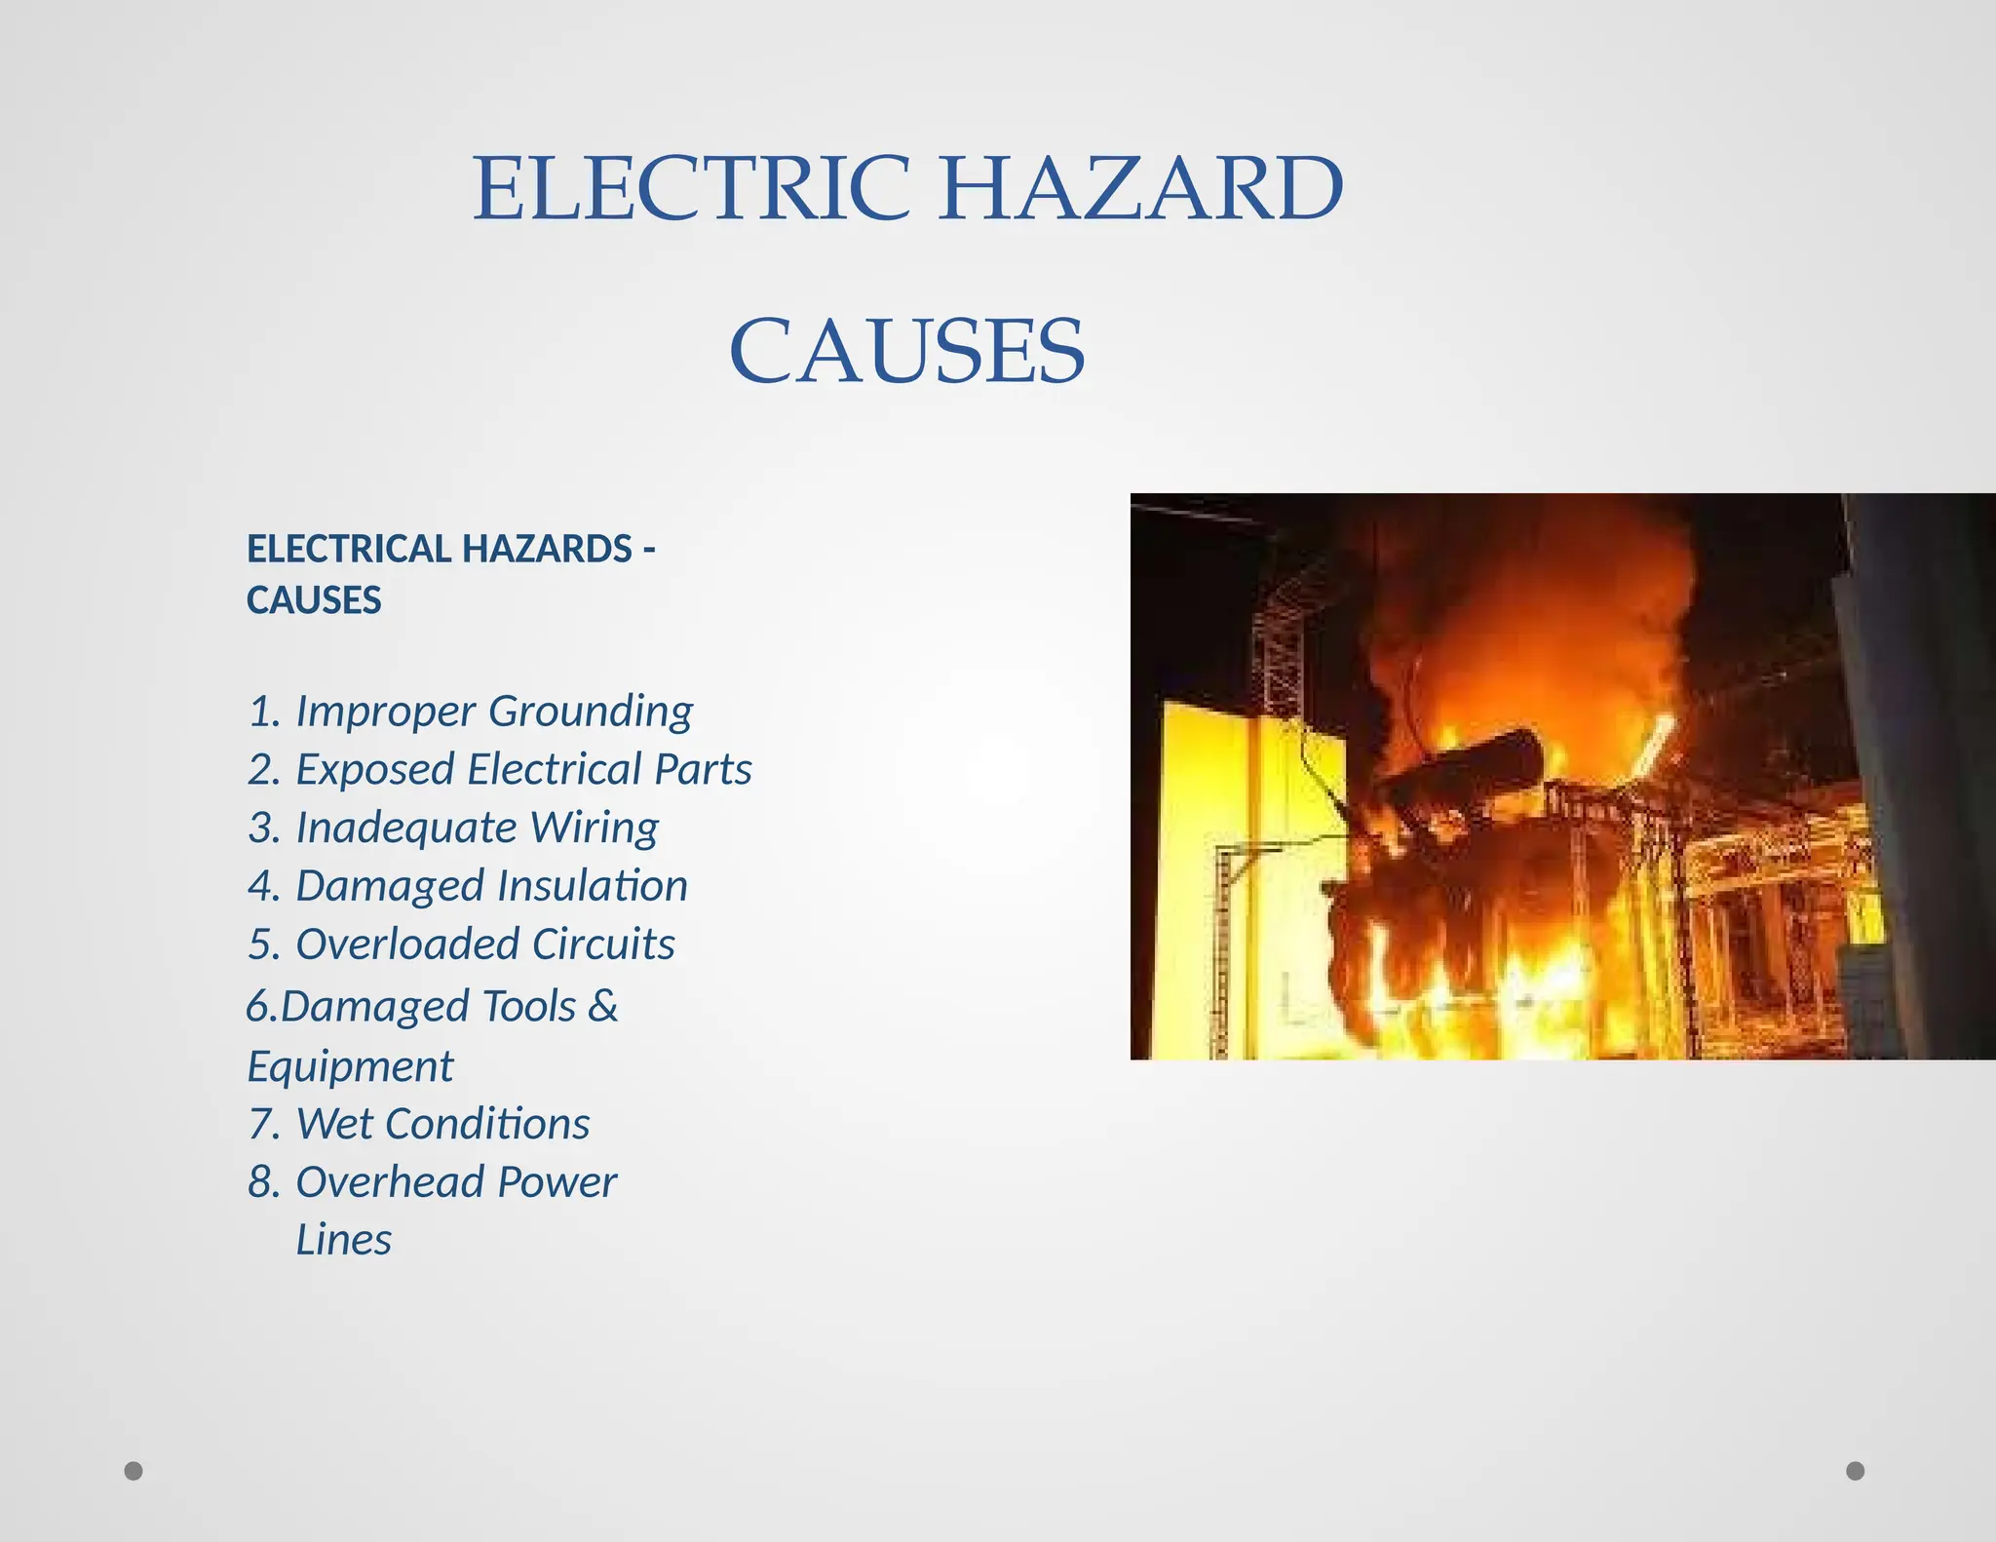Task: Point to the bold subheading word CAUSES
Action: point(314,600)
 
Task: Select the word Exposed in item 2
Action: point(374,770)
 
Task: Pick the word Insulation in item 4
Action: point(593,886)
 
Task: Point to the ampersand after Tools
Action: point(603,1006)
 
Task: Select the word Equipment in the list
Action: point(350,1066)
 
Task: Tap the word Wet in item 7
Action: point(333,1124)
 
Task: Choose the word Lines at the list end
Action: point(343,1241)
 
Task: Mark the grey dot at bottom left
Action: point(134,1471)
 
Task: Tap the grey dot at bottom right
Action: point(1856,1471)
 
